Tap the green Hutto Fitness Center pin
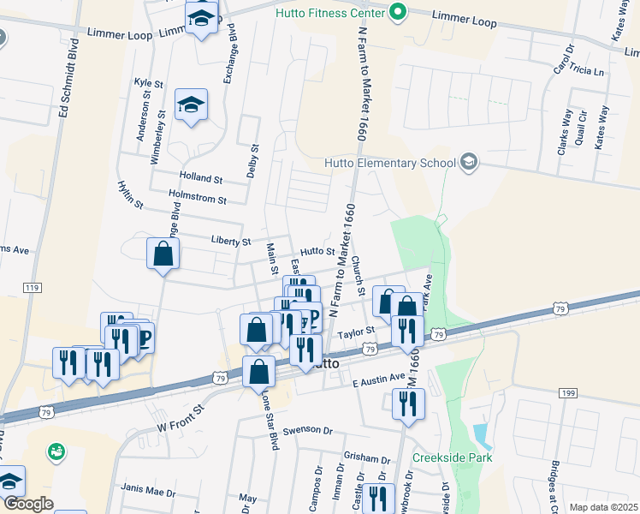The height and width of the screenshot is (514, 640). point(397,13)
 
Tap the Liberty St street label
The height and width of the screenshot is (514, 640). point(231,242)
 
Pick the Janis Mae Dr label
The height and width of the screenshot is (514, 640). point(148,493)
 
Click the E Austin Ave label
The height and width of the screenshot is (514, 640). point(378,379)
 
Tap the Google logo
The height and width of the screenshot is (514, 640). point(28,504)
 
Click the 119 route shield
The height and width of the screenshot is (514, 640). point(33,287)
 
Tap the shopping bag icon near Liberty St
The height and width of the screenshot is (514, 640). point(163,254)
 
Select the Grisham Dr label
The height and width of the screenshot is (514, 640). point(366,456)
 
